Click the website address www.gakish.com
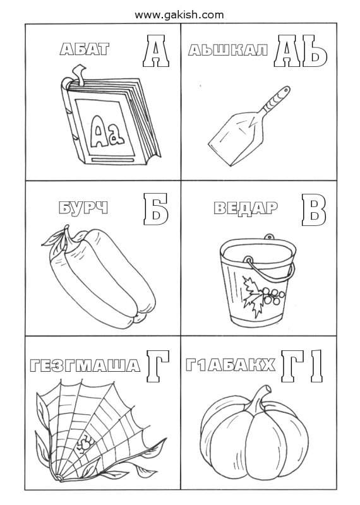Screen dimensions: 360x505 179,15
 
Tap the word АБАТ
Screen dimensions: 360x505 85,50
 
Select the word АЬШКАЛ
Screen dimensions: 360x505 228,50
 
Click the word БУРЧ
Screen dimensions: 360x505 84,208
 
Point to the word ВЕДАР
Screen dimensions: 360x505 246,208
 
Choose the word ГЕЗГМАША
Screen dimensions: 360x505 85,366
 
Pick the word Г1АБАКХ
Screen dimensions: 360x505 231,365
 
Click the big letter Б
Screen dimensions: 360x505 156,210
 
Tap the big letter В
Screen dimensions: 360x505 314,210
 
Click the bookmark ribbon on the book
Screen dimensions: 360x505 79,74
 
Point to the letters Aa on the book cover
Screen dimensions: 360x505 107,131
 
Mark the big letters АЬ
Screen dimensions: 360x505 301,52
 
